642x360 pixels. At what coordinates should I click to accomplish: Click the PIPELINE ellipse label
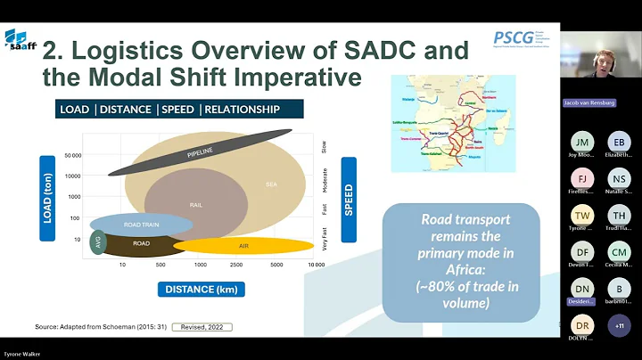(201, 154)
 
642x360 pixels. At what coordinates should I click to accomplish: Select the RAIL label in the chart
(195, 204)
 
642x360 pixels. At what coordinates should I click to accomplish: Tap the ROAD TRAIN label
(140, 225)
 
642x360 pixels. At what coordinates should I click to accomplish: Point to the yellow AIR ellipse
(243, 245)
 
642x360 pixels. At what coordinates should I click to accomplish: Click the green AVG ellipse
(98, 242)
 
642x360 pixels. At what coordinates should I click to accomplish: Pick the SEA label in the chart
(271, 184)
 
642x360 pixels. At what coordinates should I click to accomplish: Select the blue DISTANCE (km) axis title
(202, 289)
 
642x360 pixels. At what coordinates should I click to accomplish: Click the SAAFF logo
(21, 41)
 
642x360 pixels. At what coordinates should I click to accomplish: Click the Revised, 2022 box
(202, 327)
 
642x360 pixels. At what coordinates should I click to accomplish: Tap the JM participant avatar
(581, 143)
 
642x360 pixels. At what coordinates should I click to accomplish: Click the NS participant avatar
(619, 179)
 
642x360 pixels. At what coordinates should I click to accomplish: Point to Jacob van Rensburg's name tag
(589, 102)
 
